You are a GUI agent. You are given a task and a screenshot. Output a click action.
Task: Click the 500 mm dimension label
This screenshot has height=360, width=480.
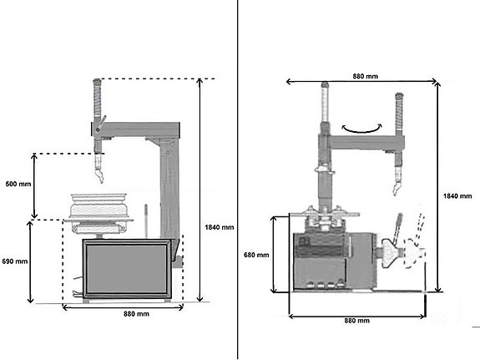[x=18, y=184]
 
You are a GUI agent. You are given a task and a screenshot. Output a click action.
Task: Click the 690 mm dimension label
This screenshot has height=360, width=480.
[x=15, y=261]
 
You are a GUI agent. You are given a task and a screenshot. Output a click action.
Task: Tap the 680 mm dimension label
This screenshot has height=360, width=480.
[x=256, y=255]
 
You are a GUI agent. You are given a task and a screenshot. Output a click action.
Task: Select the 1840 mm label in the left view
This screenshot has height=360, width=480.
[x=220, y=227]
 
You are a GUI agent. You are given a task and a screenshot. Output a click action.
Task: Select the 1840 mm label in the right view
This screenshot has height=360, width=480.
[x=457, y=195]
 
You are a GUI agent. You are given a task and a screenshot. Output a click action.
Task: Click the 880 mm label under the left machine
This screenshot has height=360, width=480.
[x=136, y=314]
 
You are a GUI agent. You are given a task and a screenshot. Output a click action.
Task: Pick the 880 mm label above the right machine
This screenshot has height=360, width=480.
[x=365, y=76]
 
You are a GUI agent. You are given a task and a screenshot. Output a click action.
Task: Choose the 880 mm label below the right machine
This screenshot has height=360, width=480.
[x=357, y=321]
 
